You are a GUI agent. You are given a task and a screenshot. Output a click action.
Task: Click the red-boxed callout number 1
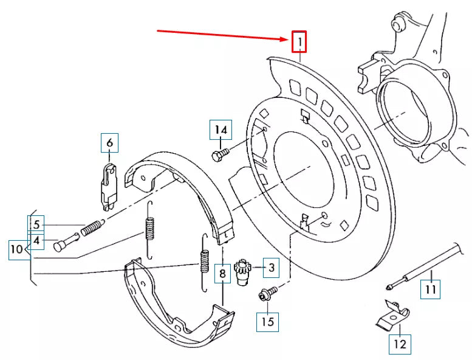[299, 42]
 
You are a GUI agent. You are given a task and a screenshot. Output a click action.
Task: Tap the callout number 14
[221, 130]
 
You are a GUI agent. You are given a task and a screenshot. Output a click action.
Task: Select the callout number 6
[109, 143]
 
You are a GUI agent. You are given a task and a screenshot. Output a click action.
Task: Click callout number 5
[36, 224]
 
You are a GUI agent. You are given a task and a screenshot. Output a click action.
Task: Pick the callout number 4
[36, 241]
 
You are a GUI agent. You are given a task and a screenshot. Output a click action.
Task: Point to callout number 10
[18, 249]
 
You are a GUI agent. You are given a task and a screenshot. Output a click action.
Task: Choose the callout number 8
[223, 275]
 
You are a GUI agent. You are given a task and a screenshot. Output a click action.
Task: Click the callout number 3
[271, 266]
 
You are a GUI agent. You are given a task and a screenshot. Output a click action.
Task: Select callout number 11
[430, 289]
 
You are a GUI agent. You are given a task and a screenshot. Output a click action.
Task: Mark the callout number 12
[400, 344]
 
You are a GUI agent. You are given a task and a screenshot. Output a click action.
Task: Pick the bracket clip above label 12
[390, 314]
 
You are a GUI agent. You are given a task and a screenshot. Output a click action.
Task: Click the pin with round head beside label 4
[66, 242]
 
